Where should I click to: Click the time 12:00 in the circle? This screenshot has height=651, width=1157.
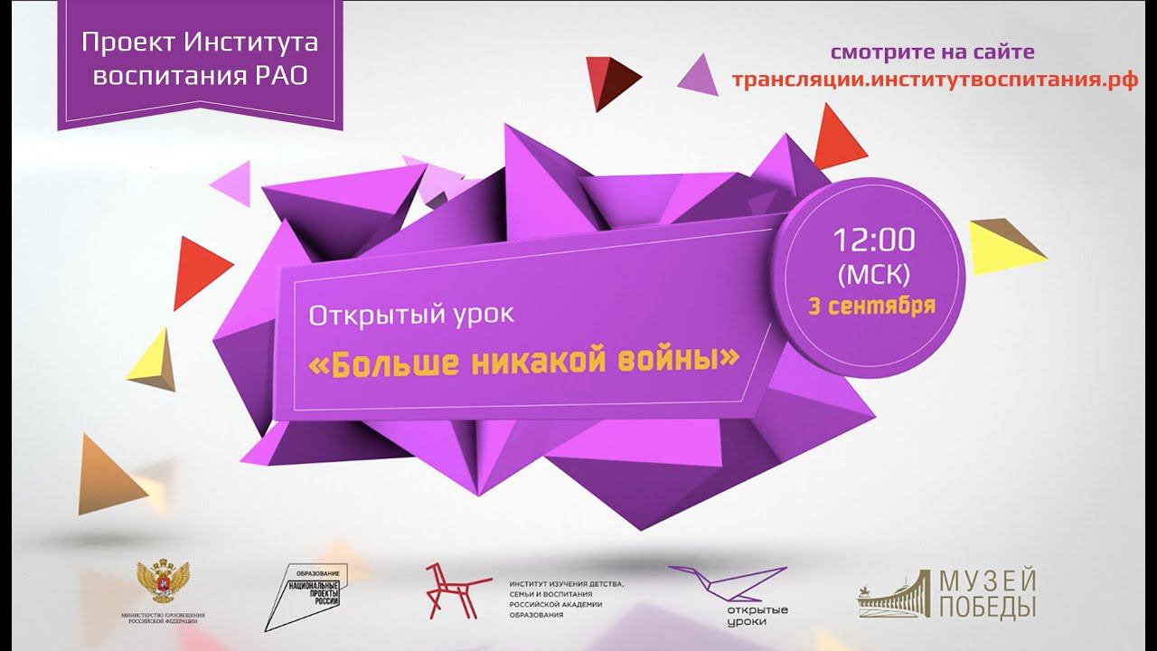click(x=873, y=240)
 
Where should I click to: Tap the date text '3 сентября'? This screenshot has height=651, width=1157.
click(x=872, y=305)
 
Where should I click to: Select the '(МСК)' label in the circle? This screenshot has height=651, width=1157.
click(x=873, y=273)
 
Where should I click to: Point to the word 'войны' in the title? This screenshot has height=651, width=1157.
click(x=684, y=360)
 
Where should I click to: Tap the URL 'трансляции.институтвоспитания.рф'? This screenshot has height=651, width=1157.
click(x=935, y=79)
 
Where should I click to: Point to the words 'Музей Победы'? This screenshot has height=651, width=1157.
click(x=985, y=595)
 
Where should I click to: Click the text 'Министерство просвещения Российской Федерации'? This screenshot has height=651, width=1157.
click(x=163, y=618)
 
